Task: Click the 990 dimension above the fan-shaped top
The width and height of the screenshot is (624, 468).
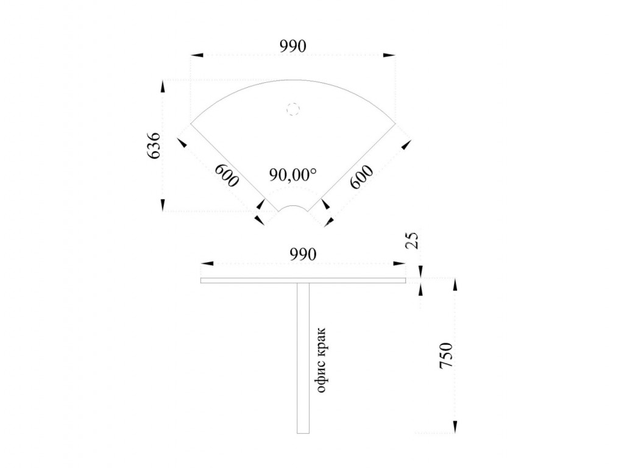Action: [x=293, y=46]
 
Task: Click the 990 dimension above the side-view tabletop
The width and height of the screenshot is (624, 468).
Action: [x=303, y=254]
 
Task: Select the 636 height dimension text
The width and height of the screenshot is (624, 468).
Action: [x=154, y=146]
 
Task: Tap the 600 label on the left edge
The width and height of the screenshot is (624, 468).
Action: [x=227, y=175]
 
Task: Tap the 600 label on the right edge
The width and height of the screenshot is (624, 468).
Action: [x=362, y=176]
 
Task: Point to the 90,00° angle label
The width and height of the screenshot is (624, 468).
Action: [x=293, y=174]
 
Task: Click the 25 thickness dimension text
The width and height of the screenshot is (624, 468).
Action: [x=412, y=240]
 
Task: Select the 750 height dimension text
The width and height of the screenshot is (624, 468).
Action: [x=446, y=355]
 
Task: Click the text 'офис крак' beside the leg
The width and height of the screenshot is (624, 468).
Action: [x=321, y=360]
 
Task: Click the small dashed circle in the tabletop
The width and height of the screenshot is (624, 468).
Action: [x=292, y=108]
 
